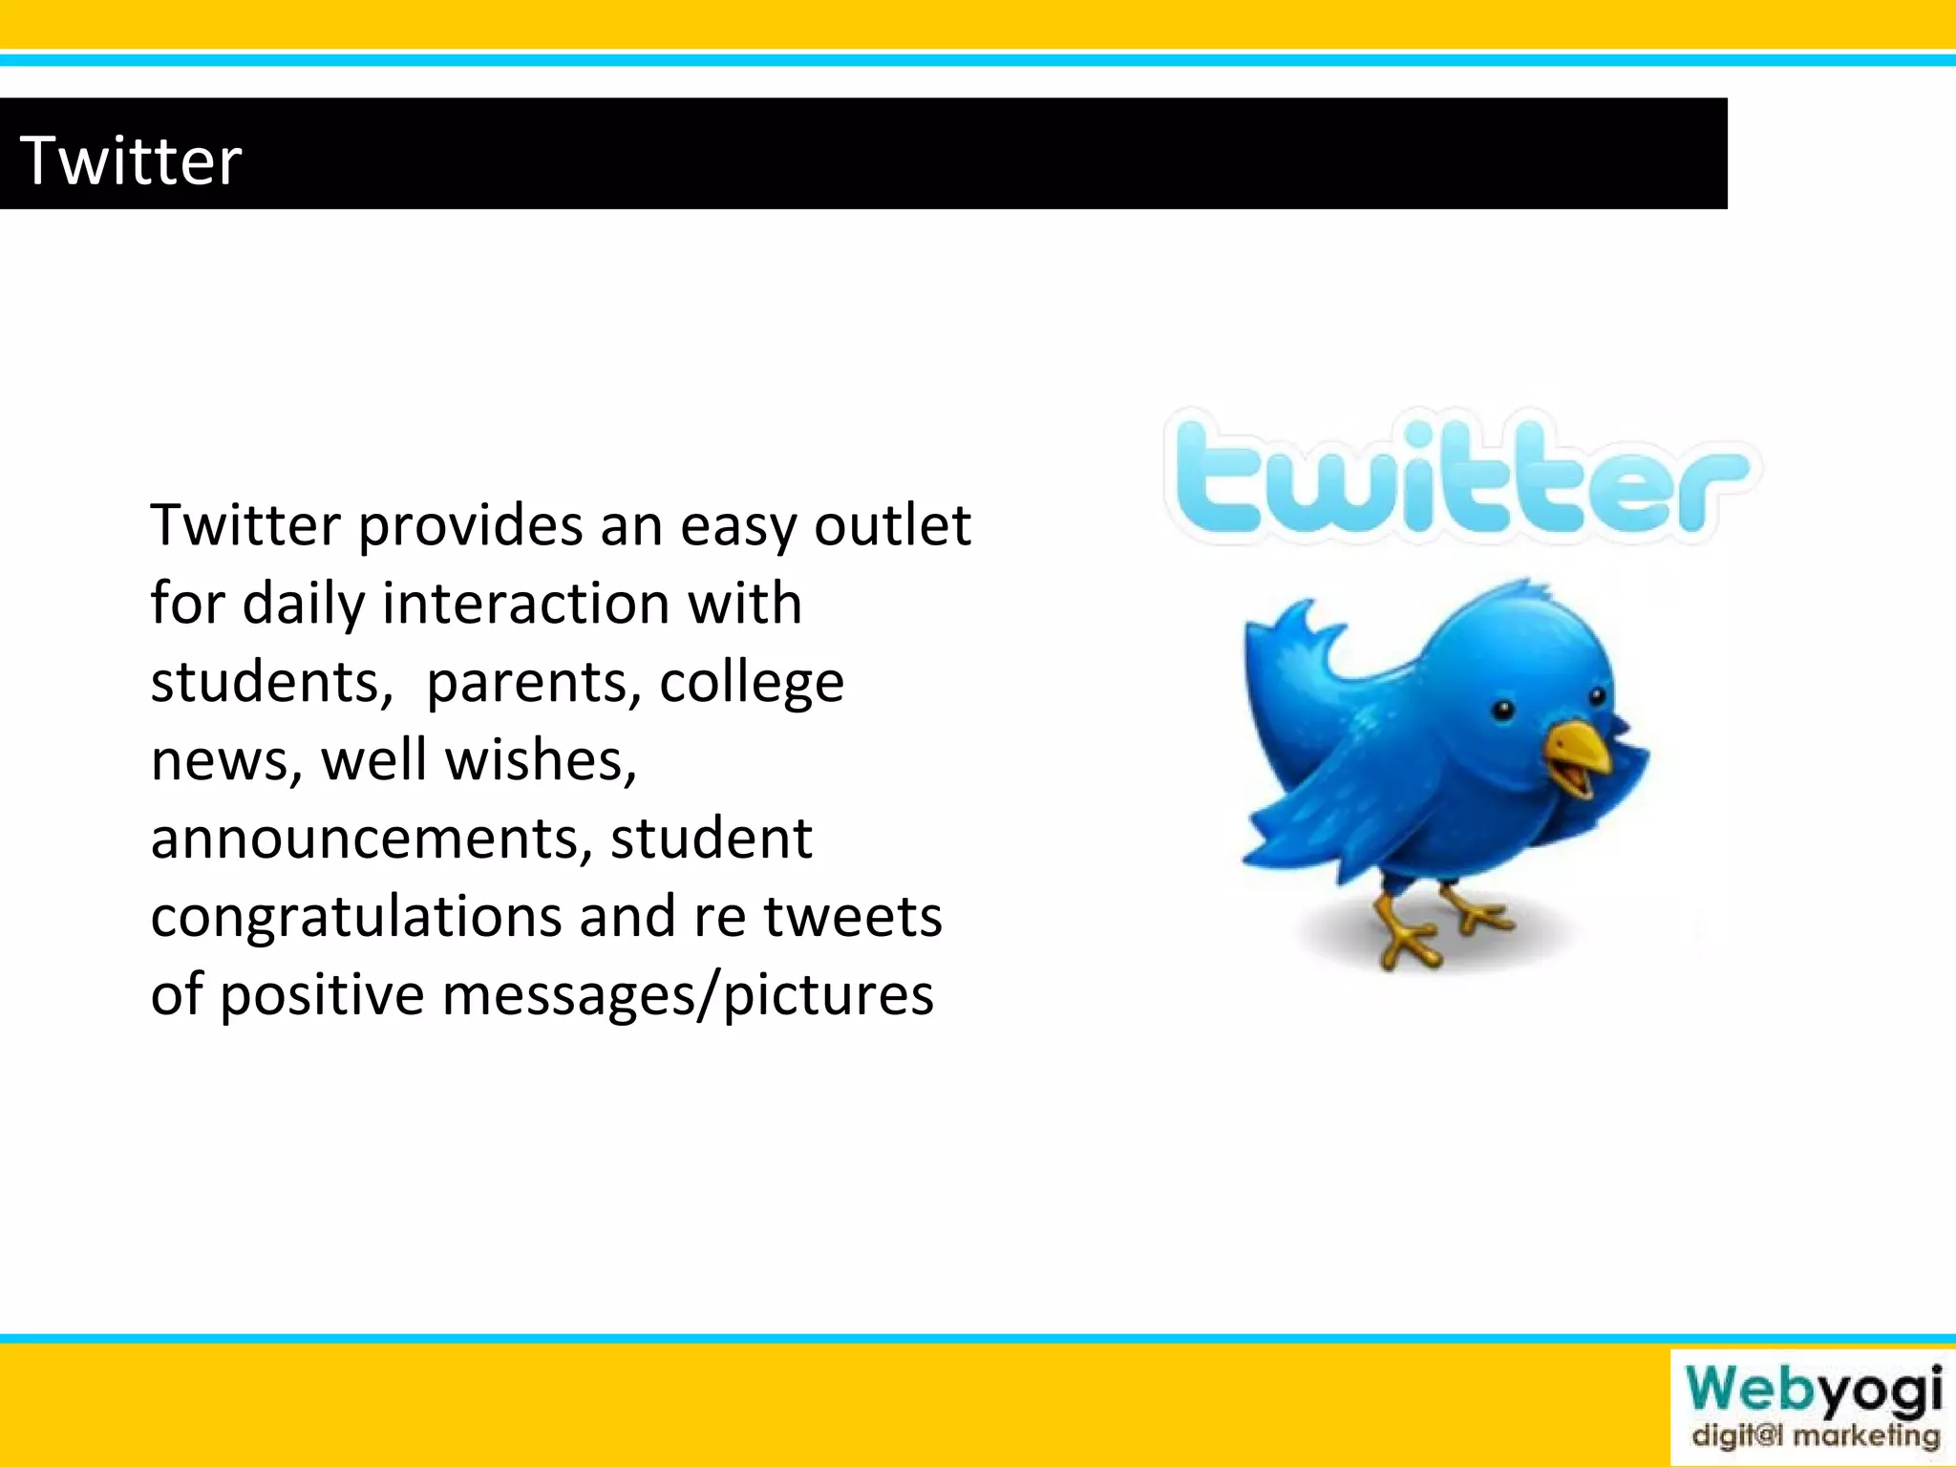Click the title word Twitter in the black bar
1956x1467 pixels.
[131, 159]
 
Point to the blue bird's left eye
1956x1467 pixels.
[1503, 709]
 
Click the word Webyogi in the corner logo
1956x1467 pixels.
[1813, 1391]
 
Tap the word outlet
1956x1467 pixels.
[892, 524]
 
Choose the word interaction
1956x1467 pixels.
[525, 604]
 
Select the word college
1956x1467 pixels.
[752, 683]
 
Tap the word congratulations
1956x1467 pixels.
[355, 918]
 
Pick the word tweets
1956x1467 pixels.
[852, 916]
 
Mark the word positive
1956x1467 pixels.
[323, 995]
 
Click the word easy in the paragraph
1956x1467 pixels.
[737, 526]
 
